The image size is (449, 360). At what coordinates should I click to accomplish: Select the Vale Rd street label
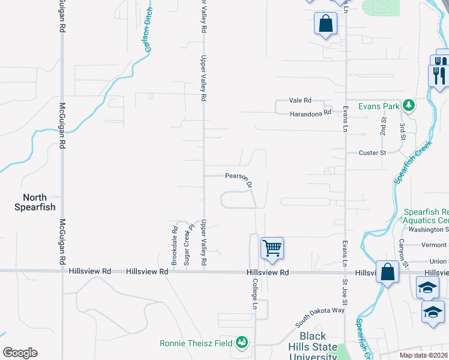pyautogui.click(x=300, y=100)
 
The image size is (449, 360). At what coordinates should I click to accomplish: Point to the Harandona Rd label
pyautogui.click(x=310, y=113)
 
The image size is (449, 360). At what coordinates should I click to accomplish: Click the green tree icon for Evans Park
pyautogui.click(x=409, y=106)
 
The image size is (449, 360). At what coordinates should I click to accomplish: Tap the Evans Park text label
pyautogui.click(x=379, y=106)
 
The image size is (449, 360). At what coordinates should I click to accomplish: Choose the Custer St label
pyautogui.click(x=372, y=153)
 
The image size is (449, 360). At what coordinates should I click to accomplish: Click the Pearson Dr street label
pyautogui.click(x=238, y=178)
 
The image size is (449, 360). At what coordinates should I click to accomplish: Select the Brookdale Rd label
pyautogui.click(x=175, y=237)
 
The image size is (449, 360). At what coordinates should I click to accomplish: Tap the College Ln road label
pyautogui.click(x=255, y=294)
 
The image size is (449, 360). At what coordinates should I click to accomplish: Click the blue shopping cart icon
pyautogui.click(x=272, y=247)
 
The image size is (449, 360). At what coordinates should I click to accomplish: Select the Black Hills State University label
pyautogui.click(x=313, y=346)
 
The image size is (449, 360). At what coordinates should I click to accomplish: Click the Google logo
pyautogui.click(x=19, y=353)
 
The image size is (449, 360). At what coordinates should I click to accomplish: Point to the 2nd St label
pyautogui.click(x=382, y=126)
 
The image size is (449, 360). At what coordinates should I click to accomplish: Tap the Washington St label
pyautogui.click(x=430, y=229)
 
